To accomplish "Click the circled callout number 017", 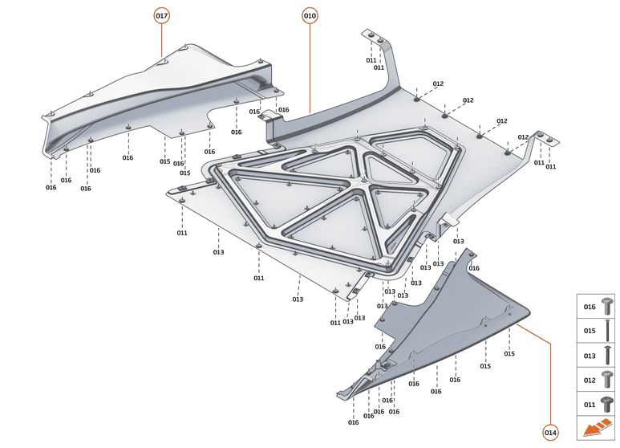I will [162, 15].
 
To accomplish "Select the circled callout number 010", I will [310, 15].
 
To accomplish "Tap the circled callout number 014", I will [550, 432].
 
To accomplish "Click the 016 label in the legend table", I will [589, 307].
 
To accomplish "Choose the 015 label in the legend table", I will [589, 331].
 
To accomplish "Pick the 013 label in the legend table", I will [589, 355].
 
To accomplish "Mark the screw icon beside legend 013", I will [608, 355].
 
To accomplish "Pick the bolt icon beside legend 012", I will [608, 379].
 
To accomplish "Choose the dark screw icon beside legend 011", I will [608, 403].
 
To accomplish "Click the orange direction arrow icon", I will [597, 430].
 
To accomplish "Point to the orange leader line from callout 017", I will [162, 40].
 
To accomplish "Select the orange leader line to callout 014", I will [550, 377].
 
